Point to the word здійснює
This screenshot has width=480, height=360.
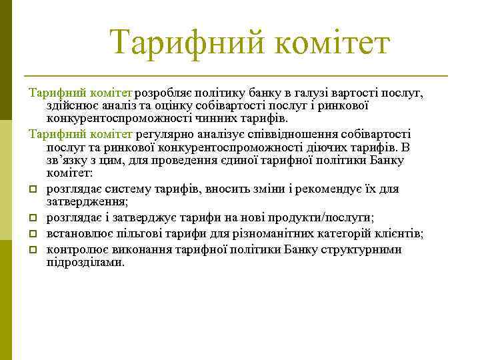coord(70,105)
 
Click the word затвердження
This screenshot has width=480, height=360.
coord(87,201)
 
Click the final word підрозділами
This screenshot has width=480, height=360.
coord(85,262)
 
